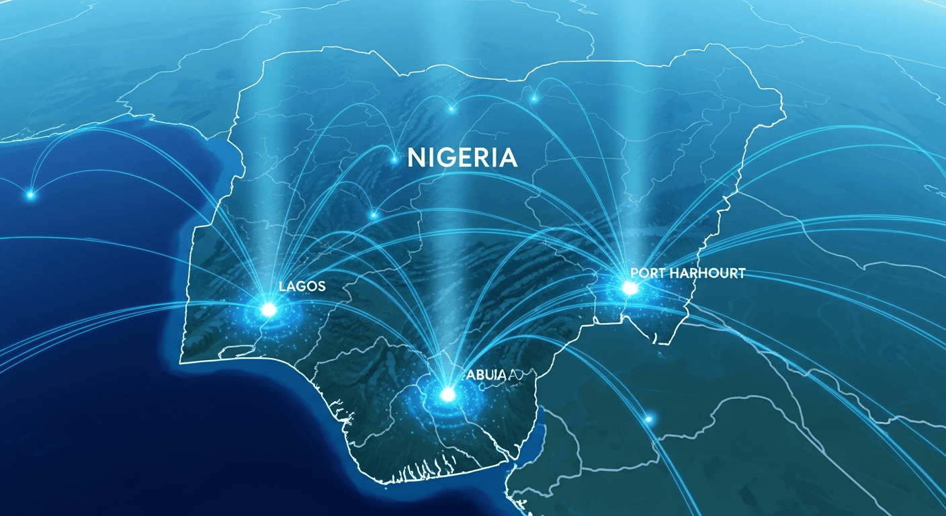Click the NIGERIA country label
pos(462,158)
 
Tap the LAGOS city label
pos(302,286)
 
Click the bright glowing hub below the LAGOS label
pos(269,310)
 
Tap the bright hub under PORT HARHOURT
pos(630,288)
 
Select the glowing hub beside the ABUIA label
pos(447,393)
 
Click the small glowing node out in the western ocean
pos(30,195)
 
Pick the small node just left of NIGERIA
pos(394,159)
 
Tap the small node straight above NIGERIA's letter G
pos(451,108)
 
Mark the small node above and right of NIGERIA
pos(534,99)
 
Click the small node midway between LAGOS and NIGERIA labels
pos(374,216)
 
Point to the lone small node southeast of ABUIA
pos(649,419)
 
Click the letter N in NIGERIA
pos(416,158)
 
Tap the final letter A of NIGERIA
pos(507,158)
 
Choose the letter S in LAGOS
pos(320,286)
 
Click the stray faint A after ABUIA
pos(514,376)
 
